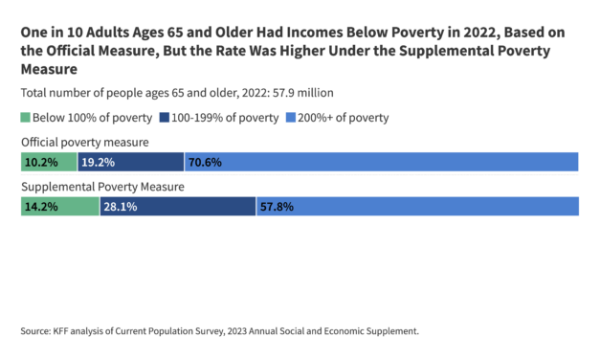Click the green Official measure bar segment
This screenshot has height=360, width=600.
[49, 162]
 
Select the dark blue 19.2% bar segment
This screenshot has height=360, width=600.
[131, 162]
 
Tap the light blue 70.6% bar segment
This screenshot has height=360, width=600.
[381, 162]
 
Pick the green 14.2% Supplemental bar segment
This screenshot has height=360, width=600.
[60, 207]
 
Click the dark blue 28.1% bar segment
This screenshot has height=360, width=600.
[178, 207]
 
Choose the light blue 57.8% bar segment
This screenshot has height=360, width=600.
[417, 207]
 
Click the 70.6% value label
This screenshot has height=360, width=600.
[205, 162]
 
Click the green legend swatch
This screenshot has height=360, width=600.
[25, 118]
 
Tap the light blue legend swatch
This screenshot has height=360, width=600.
[288, 118]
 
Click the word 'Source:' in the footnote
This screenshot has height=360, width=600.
[35, 331]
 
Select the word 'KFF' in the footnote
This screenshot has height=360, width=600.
[62, 331]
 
